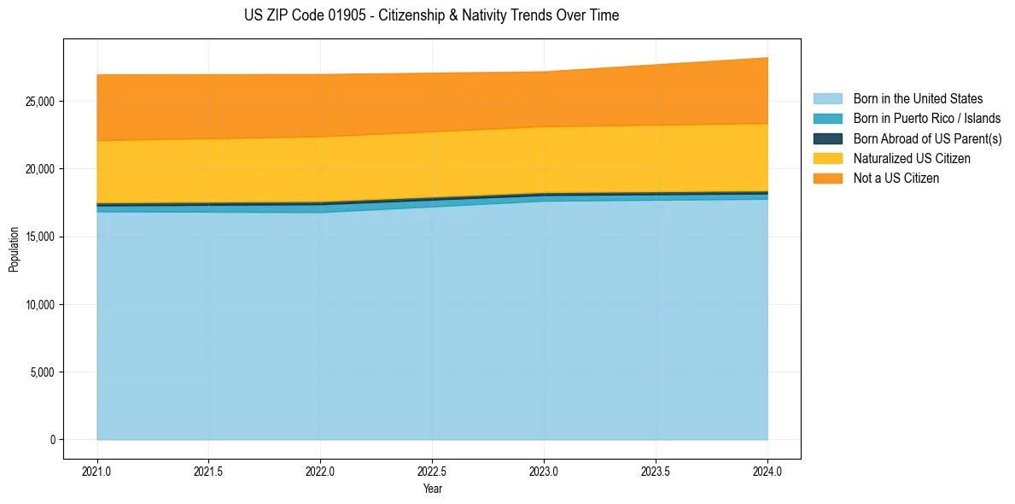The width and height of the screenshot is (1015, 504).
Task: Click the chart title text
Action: click(431, 15)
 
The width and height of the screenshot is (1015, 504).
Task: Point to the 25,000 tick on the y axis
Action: click(40, 102)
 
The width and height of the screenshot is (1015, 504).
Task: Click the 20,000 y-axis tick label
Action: click(40, 169)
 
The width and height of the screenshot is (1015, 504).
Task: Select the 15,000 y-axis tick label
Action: click(40, 237)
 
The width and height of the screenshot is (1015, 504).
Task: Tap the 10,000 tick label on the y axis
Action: click(40, 305)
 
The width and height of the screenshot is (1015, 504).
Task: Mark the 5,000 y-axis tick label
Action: click(43, 372)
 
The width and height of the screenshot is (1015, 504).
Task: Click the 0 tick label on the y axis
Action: click(52, 440)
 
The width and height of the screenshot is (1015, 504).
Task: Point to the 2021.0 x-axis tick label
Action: click(97, 471)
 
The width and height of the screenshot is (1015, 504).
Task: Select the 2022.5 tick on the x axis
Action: click(433, 471)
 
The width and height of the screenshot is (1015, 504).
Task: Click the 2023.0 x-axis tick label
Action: click(544, 471)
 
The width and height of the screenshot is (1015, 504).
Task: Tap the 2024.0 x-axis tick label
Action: click(767, 471)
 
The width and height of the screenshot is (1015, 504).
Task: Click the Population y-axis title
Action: click(14, 249)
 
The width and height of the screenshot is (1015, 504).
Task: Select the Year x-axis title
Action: click(433, 489)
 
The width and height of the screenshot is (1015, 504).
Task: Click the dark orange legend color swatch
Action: click(827, 178)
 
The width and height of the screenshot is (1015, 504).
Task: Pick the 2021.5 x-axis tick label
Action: click(209, 471)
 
